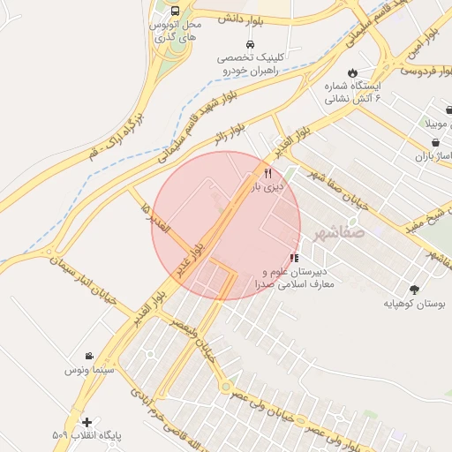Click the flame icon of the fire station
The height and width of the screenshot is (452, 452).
click(x=353, y=72)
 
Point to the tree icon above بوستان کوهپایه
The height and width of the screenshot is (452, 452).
click(x=414, y=289)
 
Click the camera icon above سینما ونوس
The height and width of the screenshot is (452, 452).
click(x=89, y=356)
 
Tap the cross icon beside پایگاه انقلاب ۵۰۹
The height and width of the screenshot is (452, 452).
click(x=87, y=422)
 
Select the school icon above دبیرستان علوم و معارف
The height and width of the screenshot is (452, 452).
click(x=293, y=258)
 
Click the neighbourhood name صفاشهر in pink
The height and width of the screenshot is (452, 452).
click(x=335, y=234)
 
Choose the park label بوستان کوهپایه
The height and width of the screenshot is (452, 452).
click(x=415, y=303)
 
